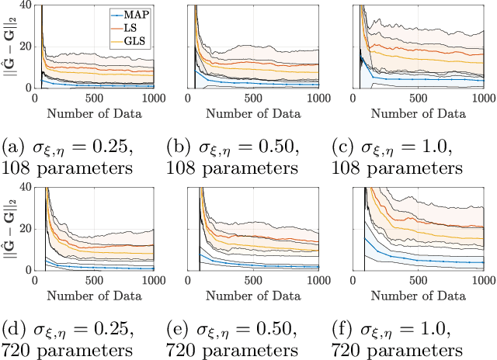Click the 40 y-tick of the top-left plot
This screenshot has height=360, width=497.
(25, 5)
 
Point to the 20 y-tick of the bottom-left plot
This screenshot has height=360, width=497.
(25, 229)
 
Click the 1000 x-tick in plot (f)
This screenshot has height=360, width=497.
(483, 281)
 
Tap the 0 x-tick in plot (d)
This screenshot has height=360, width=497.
(36, 281)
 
